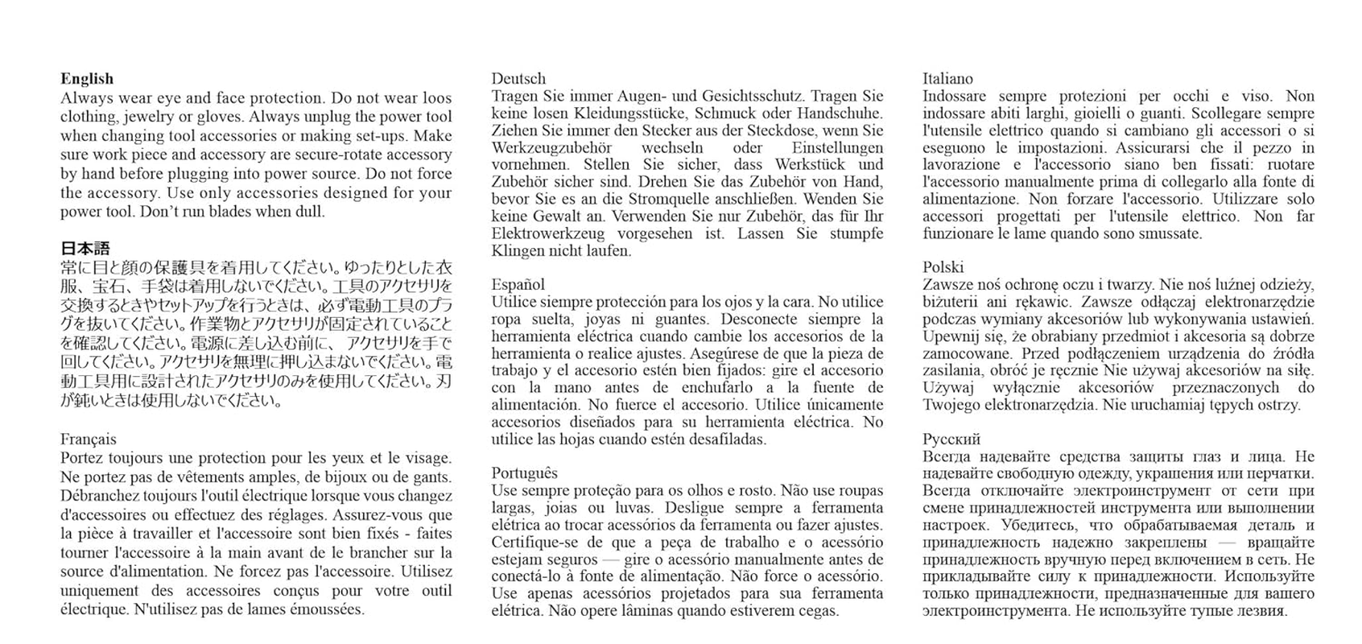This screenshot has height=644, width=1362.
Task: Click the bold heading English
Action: [x=86, y=79]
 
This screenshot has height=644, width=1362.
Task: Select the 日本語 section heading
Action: [x=85, y=249]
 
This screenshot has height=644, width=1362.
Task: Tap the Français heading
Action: [x=88, y=440]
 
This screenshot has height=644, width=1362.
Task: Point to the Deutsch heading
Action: [x=518, y=79]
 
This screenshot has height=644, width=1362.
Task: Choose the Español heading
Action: [x=518, y=284]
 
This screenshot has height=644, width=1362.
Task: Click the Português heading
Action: [x=524, y=473]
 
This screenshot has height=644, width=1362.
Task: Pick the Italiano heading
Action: [x=947, y=79]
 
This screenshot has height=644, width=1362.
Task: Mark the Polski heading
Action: [x=943, y=267]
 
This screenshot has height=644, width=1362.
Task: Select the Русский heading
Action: [x=951, y=440]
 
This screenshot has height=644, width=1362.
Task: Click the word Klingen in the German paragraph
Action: [x=517, y=250]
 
